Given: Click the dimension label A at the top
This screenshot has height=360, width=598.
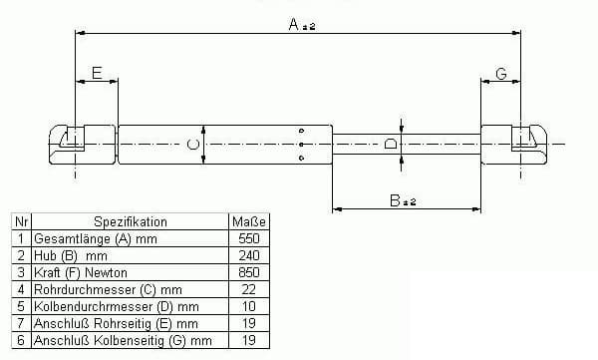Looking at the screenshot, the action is tap(294, 25).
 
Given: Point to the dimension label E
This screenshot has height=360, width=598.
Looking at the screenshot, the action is tap(97, 73).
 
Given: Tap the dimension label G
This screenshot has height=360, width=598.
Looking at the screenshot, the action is tap(501, 74).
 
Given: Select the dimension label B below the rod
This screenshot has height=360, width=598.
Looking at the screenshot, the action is tap(395, 200).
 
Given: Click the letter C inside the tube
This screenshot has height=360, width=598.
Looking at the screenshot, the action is tap(193, 145).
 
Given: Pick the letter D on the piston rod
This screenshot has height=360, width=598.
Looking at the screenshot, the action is tap(391, 144).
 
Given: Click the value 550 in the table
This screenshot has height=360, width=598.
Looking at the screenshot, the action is tap(248, 238).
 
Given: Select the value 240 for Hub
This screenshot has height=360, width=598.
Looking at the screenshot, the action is tap(248, 255).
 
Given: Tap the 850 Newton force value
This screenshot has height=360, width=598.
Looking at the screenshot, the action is tap(248, 272).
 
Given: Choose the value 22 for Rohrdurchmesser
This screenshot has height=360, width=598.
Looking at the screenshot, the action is tap(248, 289).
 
